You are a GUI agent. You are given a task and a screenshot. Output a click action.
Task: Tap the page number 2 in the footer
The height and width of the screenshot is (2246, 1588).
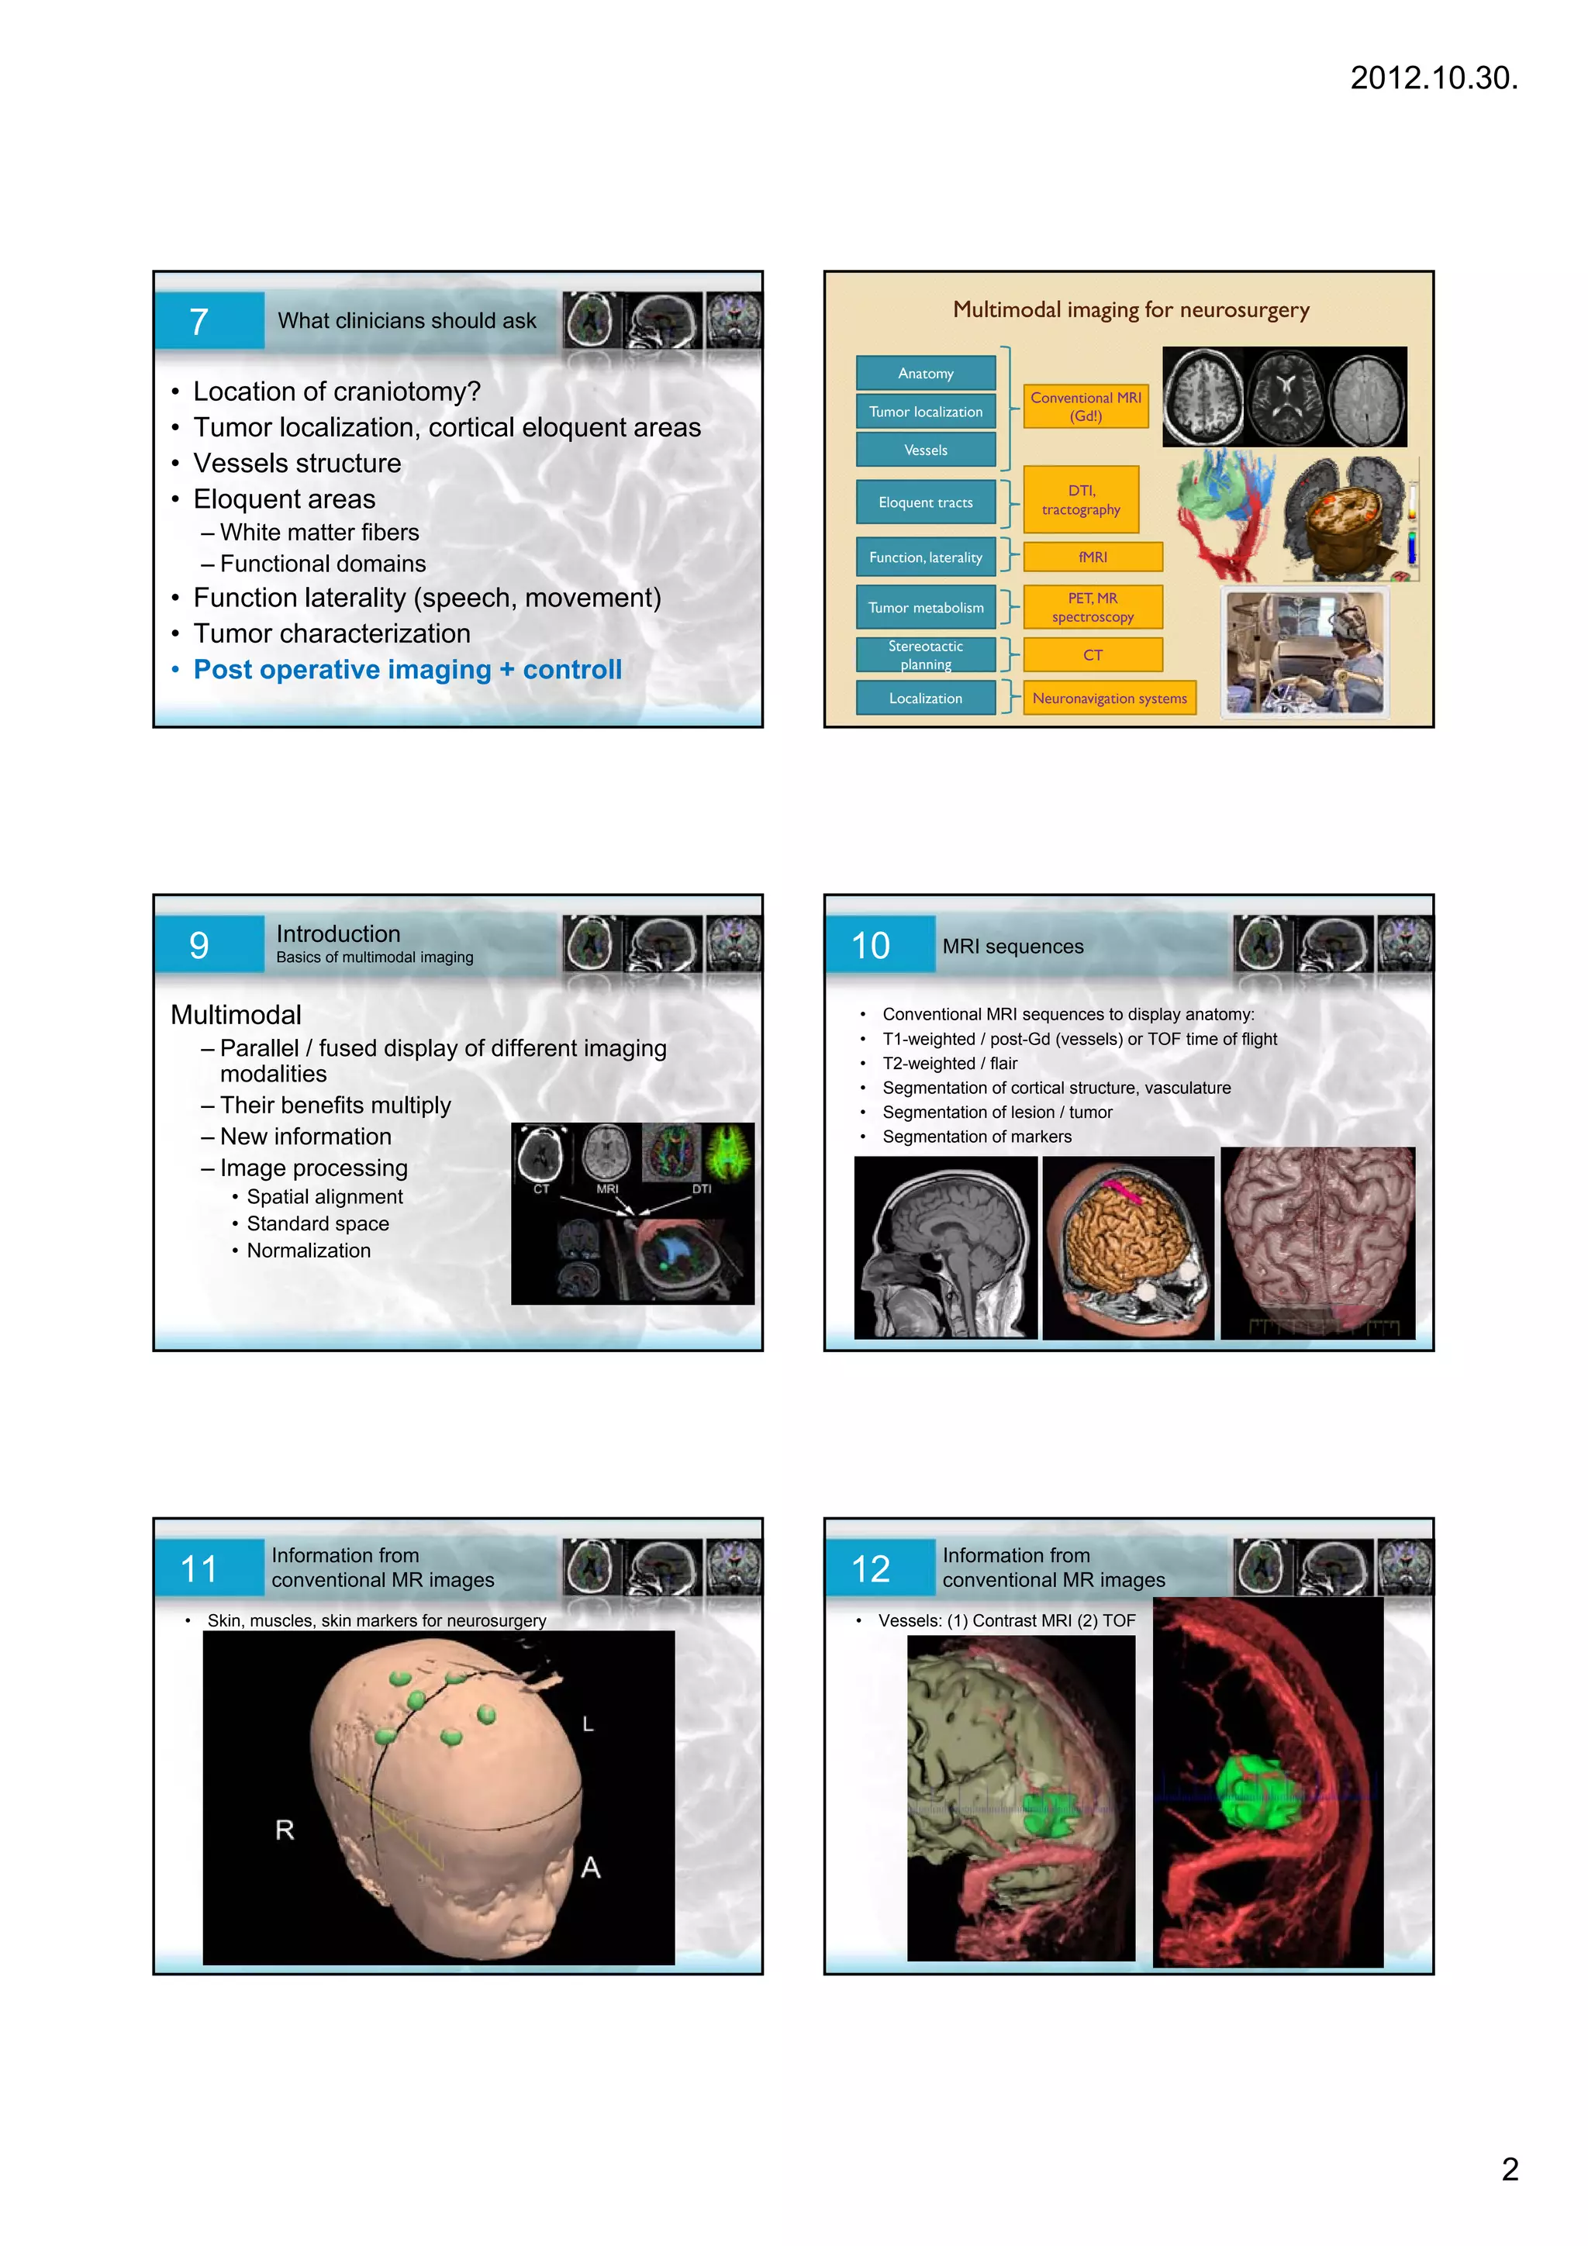[1509, 2168]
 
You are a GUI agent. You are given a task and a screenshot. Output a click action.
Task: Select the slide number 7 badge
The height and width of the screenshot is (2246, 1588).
[199, 321]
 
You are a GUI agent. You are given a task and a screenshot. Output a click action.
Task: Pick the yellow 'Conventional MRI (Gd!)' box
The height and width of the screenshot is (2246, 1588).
[1085, 406]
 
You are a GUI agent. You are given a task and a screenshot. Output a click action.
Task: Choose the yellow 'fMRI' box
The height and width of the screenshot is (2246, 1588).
[1092, 557]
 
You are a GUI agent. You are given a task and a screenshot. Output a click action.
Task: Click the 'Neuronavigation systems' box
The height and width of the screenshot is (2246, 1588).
[1109, 698]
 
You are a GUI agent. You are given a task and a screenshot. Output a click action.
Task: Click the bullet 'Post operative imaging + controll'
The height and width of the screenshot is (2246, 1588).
[407, 669]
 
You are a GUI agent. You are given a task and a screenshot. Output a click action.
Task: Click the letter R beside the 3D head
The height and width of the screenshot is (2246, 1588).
[285, 1829]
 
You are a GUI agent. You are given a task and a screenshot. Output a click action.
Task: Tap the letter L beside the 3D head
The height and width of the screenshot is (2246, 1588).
[588, 1723]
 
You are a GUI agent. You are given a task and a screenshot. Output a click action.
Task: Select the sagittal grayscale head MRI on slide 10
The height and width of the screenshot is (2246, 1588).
[945, 1247]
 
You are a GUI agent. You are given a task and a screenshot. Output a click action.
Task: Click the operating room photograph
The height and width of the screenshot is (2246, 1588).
[1305, 653]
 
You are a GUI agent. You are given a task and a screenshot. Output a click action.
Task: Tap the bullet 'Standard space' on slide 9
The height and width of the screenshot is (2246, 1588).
[317, 1223]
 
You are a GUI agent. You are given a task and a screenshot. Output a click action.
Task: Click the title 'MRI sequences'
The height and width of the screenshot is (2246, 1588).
[1013, 946]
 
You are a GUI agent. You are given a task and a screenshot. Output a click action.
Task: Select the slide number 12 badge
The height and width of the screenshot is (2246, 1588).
[871, 1569]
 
